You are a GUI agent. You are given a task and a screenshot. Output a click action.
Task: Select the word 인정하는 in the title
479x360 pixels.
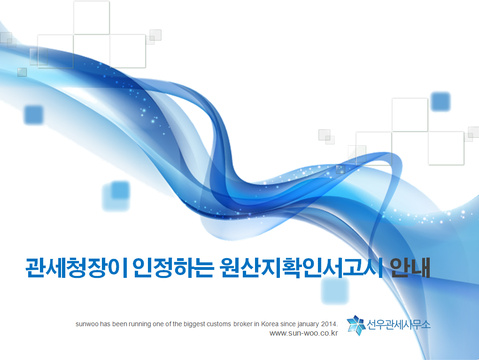[x=173, y=268]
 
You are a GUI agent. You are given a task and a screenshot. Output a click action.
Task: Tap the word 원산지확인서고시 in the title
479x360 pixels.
[x=301, y=268]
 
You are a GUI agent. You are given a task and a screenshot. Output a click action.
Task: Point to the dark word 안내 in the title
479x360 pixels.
[x=410, y=268]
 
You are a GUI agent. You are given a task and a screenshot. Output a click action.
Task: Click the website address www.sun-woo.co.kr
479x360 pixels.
[x=304, y=333]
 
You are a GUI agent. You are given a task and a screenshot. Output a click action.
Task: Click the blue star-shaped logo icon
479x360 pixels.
[x=356, y=325]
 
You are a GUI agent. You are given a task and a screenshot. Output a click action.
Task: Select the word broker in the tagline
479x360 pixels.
[x=243, y=324]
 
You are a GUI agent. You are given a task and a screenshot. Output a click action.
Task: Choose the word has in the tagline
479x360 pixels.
[x=105, y=324]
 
